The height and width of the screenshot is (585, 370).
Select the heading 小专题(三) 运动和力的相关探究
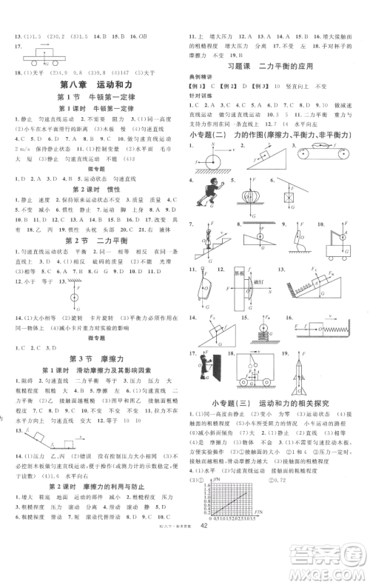[x=274, y=403]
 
